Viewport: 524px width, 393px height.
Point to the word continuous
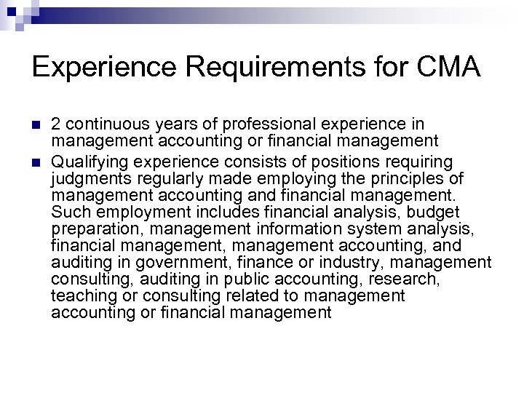coord(106,124)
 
